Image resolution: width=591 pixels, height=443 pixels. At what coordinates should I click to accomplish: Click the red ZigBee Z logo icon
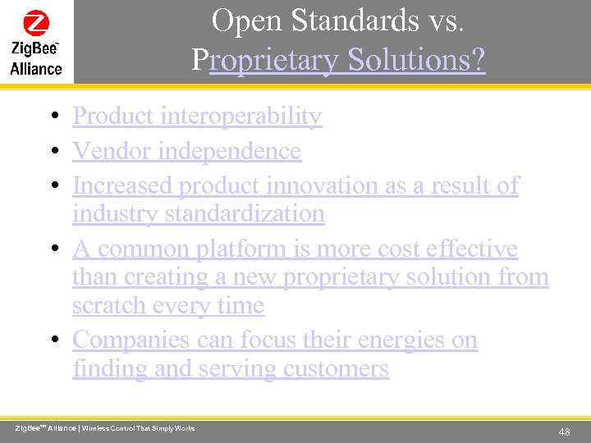(36, 22)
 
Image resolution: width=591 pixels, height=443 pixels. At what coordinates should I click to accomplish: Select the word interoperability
(241, 116)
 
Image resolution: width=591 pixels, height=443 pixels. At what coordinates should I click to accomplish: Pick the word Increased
(122, 186)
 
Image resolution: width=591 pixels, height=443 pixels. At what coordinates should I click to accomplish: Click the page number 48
(564, 432)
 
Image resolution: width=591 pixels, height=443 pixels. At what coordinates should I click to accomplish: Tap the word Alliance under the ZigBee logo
(36, 69)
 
